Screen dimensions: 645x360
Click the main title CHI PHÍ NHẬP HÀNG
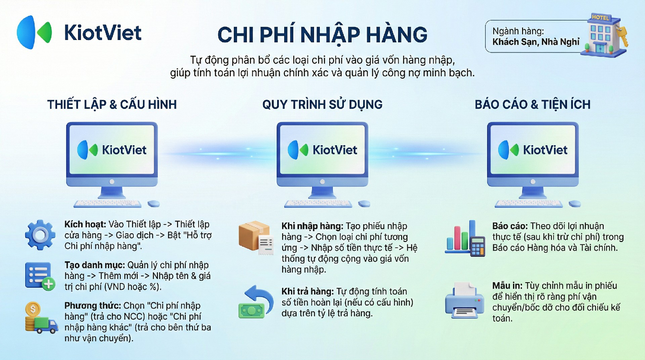coord(322,35)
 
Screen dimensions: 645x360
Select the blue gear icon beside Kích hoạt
coord(40,235)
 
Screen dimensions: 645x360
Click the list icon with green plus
coord(40,276)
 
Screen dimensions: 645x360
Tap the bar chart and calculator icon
coord(465,238)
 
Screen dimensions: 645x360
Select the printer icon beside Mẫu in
coord(465,300)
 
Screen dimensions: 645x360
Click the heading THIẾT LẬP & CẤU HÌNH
coord(112,105)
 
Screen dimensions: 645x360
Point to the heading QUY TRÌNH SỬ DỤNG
coord(322,105)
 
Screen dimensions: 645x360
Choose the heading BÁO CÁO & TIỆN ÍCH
coord(532,105)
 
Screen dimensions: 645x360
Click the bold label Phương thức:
coord(93,306)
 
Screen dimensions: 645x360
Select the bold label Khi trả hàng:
coord(308,291)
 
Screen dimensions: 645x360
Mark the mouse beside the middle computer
coord(364,203)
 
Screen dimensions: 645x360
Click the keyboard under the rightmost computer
coord(528,203)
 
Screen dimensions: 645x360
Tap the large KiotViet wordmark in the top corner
coord(103,33)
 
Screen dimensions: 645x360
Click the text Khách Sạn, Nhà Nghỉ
coord(536,42)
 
